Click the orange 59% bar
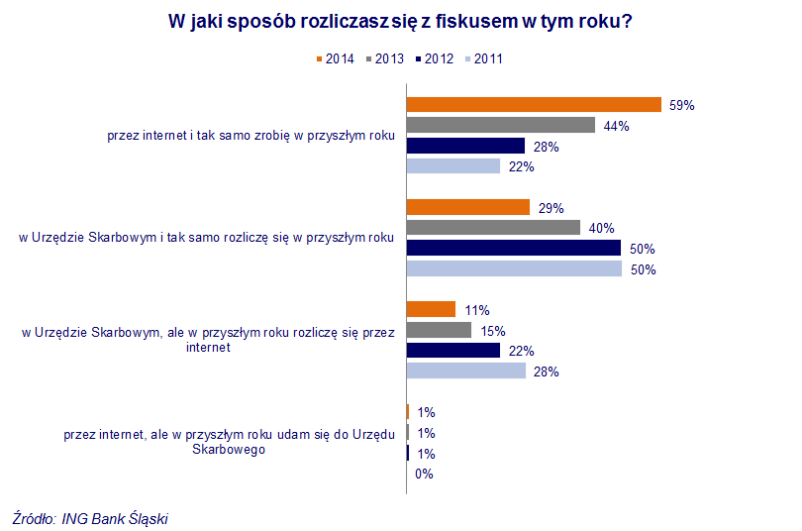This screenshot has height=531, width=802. (x=534, y=104)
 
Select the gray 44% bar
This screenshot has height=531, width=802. (x=501, y=125)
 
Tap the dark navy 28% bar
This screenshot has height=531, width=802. (x=465, y=146)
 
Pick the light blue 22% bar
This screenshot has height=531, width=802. (x=453, y=166)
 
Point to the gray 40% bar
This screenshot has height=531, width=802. (x=493, y=228)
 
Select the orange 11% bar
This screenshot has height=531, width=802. (x=431, y=309)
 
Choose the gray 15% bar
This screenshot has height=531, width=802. (x=439, y=330)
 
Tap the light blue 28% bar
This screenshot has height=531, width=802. (x=466, y=371)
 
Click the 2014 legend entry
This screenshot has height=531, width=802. (x=335, y=58)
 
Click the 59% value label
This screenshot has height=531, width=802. (x=682, y=105)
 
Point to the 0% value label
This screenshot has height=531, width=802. (x=424, y=474)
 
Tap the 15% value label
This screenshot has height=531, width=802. (x=492, y=331)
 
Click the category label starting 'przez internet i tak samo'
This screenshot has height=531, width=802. (x=251, y=137)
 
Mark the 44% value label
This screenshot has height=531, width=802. (x=616, y=126)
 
